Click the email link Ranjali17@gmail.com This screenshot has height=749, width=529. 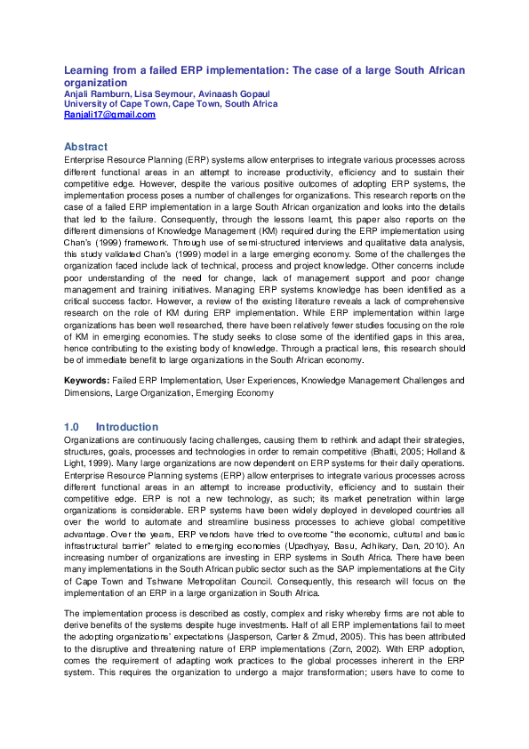[109, 115]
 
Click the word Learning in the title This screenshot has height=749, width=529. [87, 70]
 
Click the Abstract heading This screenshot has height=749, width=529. [85, 146]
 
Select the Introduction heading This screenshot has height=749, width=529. [127, 427]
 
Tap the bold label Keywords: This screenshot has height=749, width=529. [87, 381]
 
